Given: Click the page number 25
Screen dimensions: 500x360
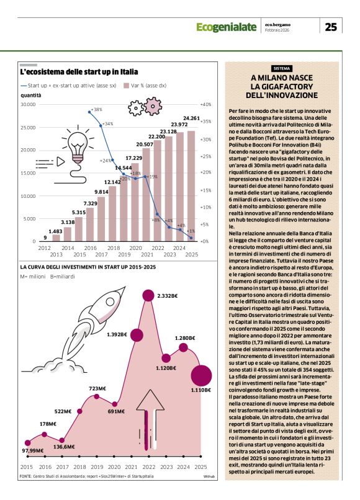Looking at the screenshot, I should [331, 27].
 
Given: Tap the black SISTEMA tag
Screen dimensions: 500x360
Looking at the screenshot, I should [282, 68].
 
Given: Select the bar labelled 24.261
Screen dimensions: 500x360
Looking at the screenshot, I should [191, 186].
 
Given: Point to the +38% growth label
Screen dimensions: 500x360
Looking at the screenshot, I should [96, 110].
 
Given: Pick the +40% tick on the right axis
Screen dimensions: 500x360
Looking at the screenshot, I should [205, 105].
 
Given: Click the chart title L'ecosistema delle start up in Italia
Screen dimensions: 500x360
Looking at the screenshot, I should [79, 72].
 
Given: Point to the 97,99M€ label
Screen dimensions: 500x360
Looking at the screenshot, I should [35, 450].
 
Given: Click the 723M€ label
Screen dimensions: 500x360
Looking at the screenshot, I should [97, 389].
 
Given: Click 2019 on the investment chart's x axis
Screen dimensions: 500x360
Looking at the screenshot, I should [96, 467].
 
